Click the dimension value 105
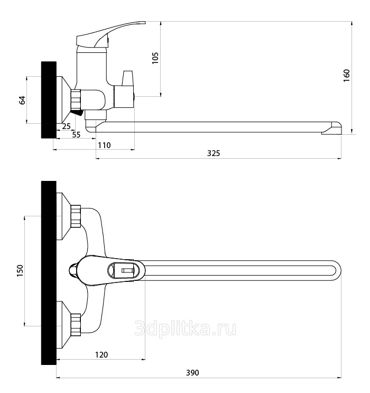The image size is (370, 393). point(155,58)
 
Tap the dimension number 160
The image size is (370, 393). point(346,76)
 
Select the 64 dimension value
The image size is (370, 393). point(23,100)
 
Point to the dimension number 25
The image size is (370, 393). point(67,126)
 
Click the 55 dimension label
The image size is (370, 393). point(76,135)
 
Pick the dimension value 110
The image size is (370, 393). point(104,145)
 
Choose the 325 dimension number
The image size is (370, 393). point(214,153)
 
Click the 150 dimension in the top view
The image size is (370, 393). point(20,271)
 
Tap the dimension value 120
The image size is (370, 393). point(101,355)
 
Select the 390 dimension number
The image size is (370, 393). point(192,373)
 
